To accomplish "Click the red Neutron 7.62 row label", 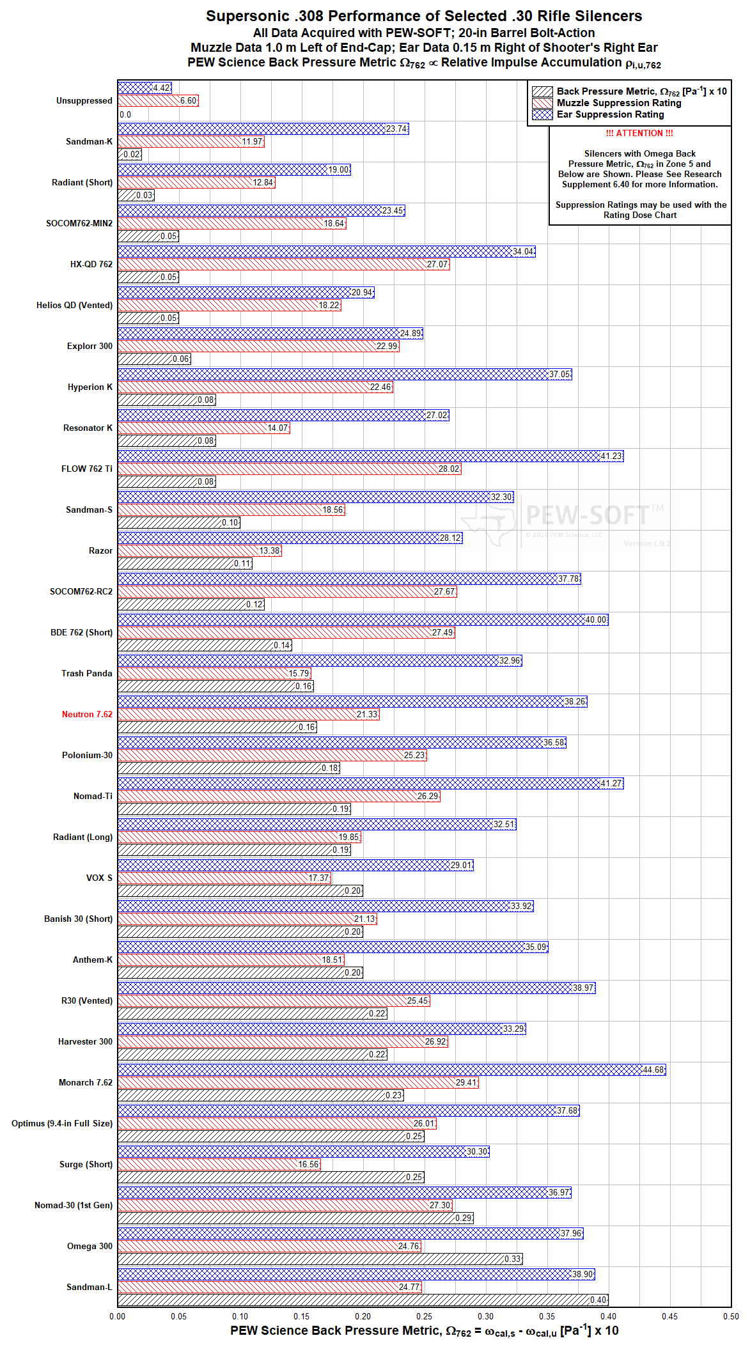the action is (87, 714).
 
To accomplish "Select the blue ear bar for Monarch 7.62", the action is (392, 1069).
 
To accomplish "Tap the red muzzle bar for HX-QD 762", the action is (284, 264).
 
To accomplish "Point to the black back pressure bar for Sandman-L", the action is (363, 1300).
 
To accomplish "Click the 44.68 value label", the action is (653, 1069).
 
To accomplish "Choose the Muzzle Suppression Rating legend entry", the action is (607, 103).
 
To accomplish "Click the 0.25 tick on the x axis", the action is (425, 1316).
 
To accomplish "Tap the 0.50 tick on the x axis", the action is (731, 1316).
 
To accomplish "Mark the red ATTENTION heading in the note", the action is (639, 133).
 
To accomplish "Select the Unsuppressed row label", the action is (84, 100).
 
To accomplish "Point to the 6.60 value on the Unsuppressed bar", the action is (189, 100).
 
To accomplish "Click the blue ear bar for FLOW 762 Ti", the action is (371, 456).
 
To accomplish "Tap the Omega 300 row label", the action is (90, 1246).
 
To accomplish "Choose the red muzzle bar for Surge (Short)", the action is (219, 1164).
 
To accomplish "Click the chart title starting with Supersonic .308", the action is (424, 16).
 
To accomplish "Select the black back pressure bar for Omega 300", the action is (320, 1259).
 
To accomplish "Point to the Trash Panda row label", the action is (87, 673).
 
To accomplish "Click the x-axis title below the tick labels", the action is (425, 1331).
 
